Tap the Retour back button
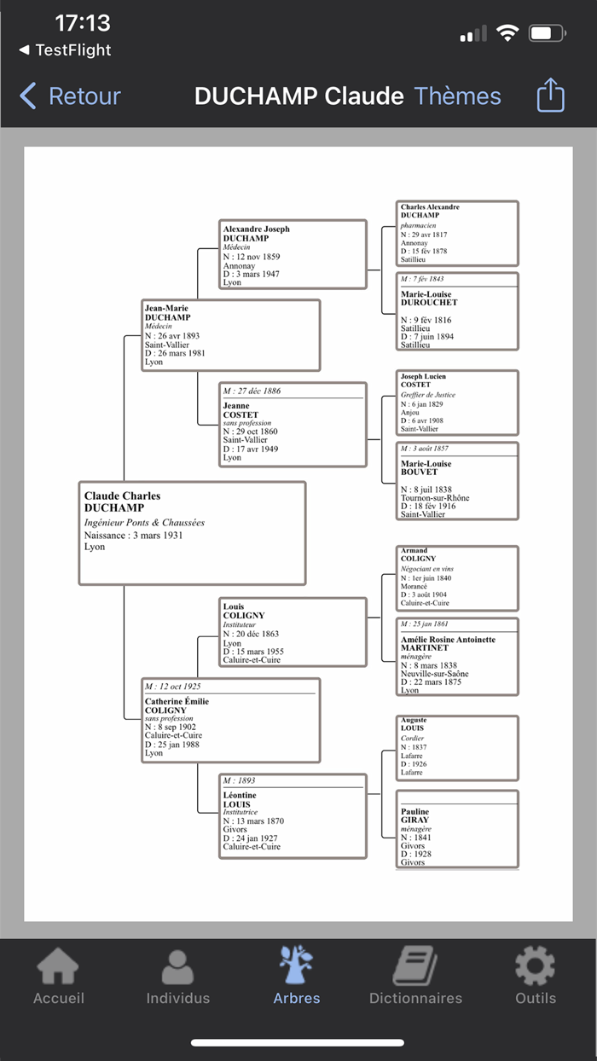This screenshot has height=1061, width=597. coord(70,96)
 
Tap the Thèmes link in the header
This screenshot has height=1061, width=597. coord(457,96)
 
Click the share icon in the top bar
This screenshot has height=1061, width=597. coord(551,96)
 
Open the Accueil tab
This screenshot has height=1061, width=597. coord(58,977)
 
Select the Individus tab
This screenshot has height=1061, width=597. coord(177,977)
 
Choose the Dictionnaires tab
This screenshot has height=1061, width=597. coord(415,977)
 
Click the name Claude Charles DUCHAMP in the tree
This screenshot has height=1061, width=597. coord(122,502)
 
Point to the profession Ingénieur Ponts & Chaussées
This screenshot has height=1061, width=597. coord(144,523)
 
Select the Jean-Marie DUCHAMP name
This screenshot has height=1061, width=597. coord(167,313)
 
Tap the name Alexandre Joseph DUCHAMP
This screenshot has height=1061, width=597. coord(256,234)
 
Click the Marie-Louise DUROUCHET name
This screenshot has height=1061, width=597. coord(429,299)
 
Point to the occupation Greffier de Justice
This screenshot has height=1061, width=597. coord(428,395)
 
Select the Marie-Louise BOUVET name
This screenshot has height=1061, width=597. coord(426,467)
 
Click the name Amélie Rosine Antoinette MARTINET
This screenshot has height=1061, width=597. coord(447,643)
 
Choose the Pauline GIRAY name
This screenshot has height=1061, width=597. coord(415,815)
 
